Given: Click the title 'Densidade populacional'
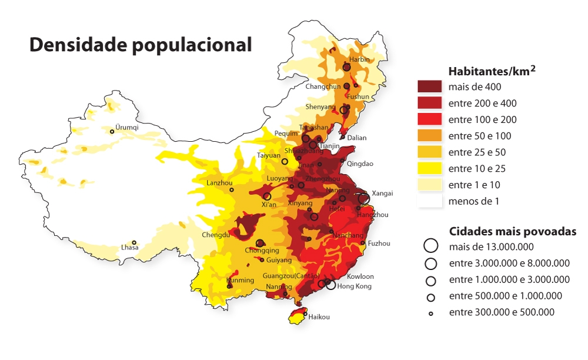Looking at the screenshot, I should pyautogui.click(x=141, y=45).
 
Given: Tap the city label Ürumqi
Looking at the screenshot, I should pyautogui.click(x=126, y=126).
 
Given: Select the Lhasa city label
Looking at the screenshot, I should pyautogui.click(x=129, y=248).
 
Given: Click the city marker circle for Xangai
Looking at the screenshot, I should pyautogui.click(x=364, y=198).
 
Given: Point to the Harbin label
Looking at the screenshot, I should pyautogui.click(x=359, y=59).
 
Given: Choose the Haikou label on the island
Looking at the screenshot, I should pyautogui.click(x=319, y=317).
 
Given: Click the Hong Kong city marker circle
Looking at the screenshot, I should pyautogui.click(x=330, y=285).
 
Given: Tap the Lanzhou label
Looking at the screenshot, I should pyautogui.click(x=219, y=183).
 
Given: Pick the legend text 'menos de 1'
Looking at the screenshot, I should pyautogui.click(x=473, y=201).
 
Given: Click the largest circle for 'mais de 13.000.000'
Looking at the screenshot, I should pyautogui.click(x=430, y=246).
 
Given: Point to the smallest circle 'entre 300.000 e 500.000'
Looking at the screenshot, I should pyautogui.click(x=430, y=313).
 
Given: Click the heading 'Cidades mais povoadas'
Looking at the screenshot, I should pyautogui.click(x=512, y=231).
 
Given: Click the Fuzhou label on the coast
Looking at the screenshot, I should pyautogui.click(x=379, y=243).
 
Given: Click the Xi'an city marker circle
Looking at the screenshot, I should pyautogui.click(x=267, y=196).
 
